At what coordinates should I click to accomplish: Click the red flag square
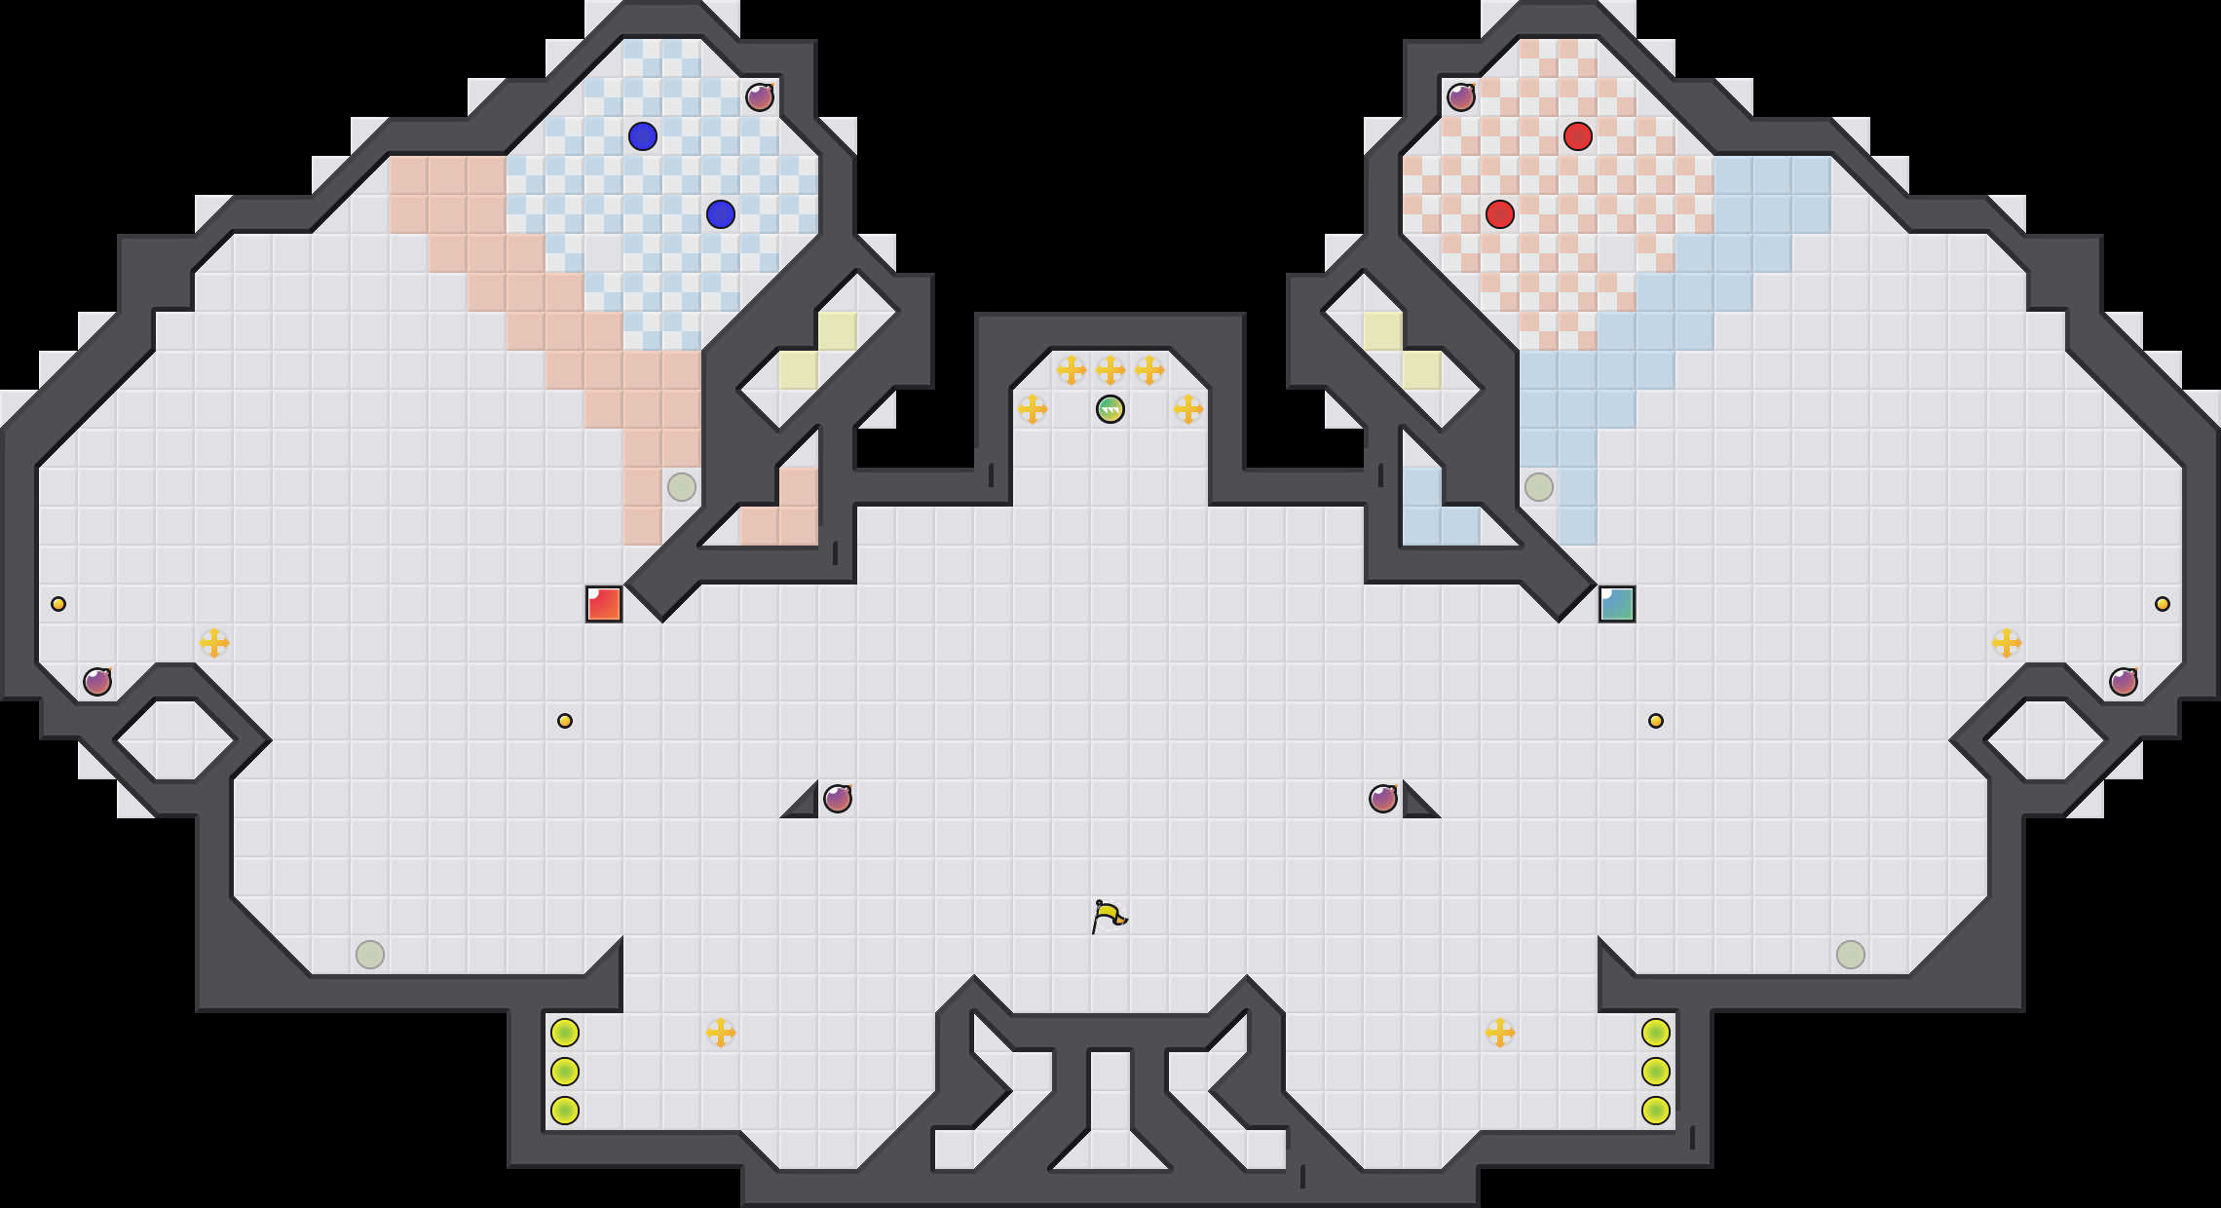tap(604, 604)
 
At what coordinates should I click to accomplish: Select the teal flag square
tap(1617, 604)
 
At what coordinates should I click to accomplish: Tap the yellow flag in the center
tap(1108, 916)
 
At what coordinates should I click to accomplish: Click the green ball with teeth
tap(1110, 409)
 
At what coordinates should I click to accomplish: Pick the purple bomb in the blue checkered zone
tap(760, 97)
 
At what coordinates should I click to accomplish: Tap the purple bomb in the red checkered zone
tap(1461, 97)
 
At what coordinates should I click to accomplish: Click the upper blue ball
tap(643, 136)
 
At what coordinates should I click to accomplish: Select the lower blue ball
tap(721, 214)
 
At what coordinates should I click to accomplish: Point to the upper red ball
tap(1578, 136)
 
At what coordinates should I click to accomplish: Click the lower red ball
tap(1500, 214)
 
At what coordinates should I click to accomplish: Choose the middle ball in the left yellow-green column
tap(565, 1072)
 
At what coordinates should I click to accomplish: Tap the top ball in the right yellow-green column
tap(1656, 1033)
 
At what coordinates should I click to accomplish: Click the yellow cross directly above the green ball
tap(1110, 370)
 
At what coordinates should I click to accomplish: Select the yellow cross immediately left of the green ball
tap(1033, 409)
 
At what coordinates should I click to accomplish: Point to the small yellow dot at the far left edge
tap(58, 604)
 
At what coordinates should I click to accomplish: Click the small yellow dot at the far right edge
tap(2163, 604)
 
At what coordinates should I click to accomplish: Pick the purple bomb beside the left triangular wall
tap(838, 799)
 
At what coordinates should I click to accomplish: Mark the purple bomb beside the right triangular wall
tap(1383, 799)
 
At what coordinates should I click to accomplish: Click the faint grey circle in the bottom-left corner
tap(370, 955)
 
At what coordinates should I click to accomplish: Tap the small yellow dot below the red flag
tap(565, 721)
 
